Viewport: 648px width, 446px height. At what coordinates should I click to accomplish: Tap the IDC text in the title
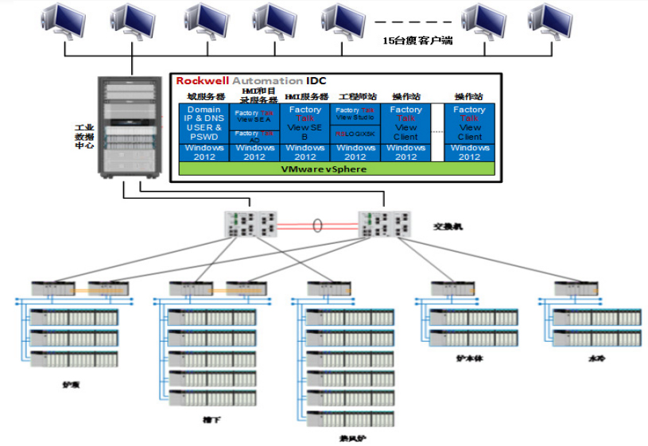316,81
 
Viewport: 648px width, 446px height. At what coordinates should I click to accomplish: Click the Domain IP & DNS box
204,122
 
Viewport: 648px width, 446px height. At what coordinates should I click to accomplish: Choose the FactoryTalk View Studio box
355,113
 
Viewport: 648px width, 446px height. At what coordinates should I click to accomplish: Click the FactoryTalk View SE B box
305,122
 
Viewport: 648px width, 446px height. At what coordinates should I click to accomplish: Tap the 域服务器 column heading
204,96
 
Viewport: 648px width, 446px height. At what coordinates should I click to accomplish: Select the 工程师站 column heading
354,96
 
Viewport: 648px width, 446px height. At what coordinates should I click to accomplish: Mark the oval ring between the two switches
317,226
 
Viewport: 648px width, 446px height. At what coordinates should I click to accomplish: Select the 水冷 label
595,359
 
